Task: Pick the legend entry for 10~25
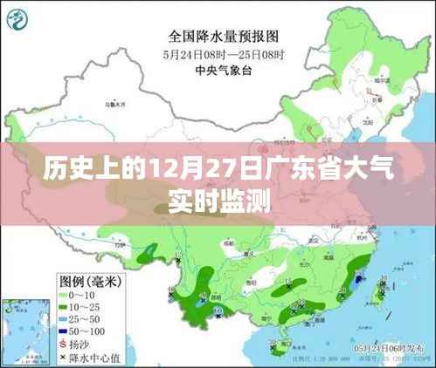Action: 87,308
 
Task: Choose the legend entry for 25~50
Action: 87,320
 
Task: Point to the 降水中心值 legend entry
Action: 93,358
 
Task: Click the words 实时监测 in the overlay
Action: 218,201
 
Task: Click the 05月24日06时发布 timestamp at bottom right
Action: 390,348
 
